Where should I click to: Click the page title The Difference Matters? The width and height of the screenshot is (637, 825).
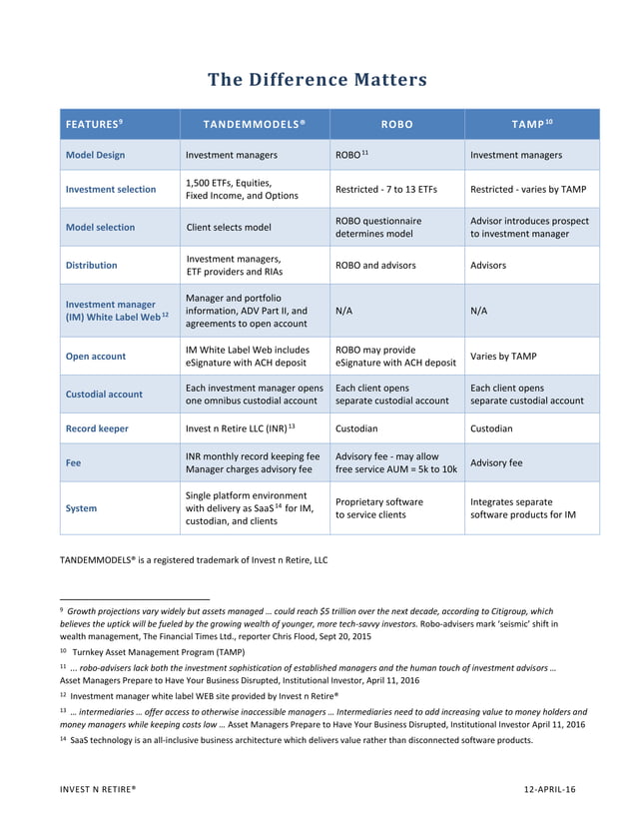318,79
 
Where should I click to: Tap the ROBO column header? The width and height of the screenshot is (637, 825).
396,125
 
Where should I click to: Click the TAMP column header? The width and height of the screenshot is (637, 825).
531,125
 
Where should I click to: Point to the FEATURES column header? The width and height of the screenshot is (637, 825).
94,125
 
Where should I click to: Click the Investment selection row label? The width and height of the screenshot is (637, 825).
111,189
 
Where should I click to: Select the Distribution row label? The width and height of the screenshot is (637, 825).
92,266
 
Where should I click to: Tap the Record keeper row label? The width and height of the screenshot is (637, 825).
97,428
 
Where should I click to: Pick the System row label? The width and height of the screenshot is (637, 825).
81,508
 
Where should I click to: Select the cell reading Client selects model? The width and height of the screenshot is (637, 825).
229,227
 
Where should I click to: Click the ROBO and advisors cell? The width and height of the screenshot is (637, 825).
376,266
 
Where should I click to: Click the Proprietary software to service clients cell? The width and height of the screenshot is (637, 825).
379,508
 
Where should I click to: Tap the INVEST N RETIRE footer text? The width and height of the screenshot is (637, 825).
98,789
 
